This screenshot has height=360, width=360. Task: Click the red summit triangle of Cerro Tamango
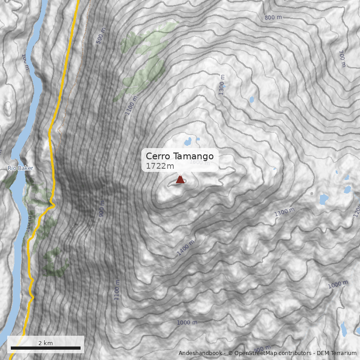tap(180, 180)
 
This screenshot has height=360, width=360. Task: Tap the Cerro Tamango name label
tap(180, 156)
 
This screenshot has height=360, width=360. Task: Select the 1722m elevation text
tap(160, 166)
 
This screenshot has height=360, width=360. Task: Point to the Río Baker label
tap(20, 168)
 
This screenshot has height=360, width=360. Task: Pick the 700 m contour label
tap(341, 58)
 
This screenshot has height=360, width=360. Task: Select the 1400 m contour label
tap(185, 248)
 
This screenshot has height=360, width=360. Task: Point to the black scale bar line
tap(45, 348)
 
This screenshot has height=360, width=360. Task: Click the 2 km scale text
tap(45, 343)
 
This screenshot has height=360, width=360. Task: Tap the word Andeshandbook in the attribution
tap(200, 353)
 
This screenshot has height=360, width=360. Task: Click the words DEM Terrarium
tap(336, 353)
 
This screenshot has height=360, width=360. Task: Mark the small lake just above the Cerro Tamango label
tap(188, 142)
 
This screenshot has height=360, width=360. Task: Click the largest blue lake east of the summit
tap(324, 198)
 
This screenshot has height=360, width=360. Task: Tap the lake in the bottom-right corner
tap(344, 330)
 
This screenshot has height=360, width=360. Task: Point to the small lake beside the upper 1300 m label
tap(251, 99)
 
